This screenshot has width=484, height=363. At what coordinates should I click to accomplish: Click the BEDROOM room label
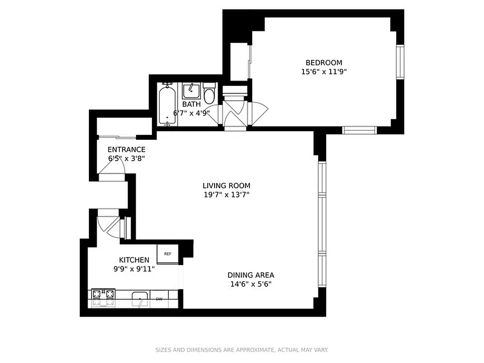click(x=323, y=63)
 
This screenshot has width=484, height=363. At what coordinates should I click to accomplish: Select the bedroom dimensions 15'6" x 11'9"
click(x=323, y=72)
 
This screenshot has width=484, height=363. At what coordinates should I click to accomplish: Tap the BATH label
click(x=191, y=104)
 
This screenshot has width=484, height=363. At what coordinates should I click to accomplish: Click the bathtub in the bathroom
click(x=167, y=103)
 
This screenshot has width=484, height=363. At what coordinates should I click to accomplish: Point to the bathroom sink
click(x=191, y=91)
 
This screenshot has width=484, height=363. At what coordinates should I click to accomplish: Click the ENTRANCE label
click(x=126, y=149)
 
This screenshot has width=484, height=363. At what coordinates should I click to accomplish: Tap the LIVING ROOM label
click(x=226, y=186)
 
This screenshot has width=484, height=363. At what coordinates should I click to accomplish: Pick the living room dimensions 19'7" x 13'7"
click(x=226, y=195)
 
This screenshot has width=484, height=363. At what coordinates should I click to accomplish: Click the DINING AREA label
click(x=250, y=275)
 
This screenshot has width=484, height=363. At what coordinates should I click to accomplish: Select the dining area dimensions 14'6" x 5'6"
click(x=250, y=285)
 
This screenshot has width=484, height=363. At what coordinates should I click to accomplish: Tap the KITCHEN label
click(x=134, y=260)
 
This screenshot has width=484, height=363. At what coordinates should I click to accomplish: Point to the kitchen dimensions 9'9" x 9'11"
click(x=134, y=269)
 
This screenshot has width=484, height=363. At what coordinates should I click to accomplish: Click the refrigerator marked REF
click(x=167, y=254)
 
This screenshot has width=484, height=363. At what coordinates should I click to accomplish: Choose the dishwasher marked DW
click(x=159, y=299)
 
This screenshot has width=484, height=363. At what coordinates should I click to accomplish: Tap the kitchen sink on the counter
click(x=140, y=299)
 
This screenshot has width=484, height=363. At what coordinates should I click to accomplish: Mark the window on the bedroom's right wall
click(x=400, y=62)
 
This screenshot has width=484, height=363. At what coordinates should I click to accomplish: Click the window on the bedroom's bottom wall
click(x=359, y=130)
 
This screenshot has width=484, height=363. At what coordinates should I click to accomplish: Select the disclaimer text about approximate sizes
click(x=242, y=350)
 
